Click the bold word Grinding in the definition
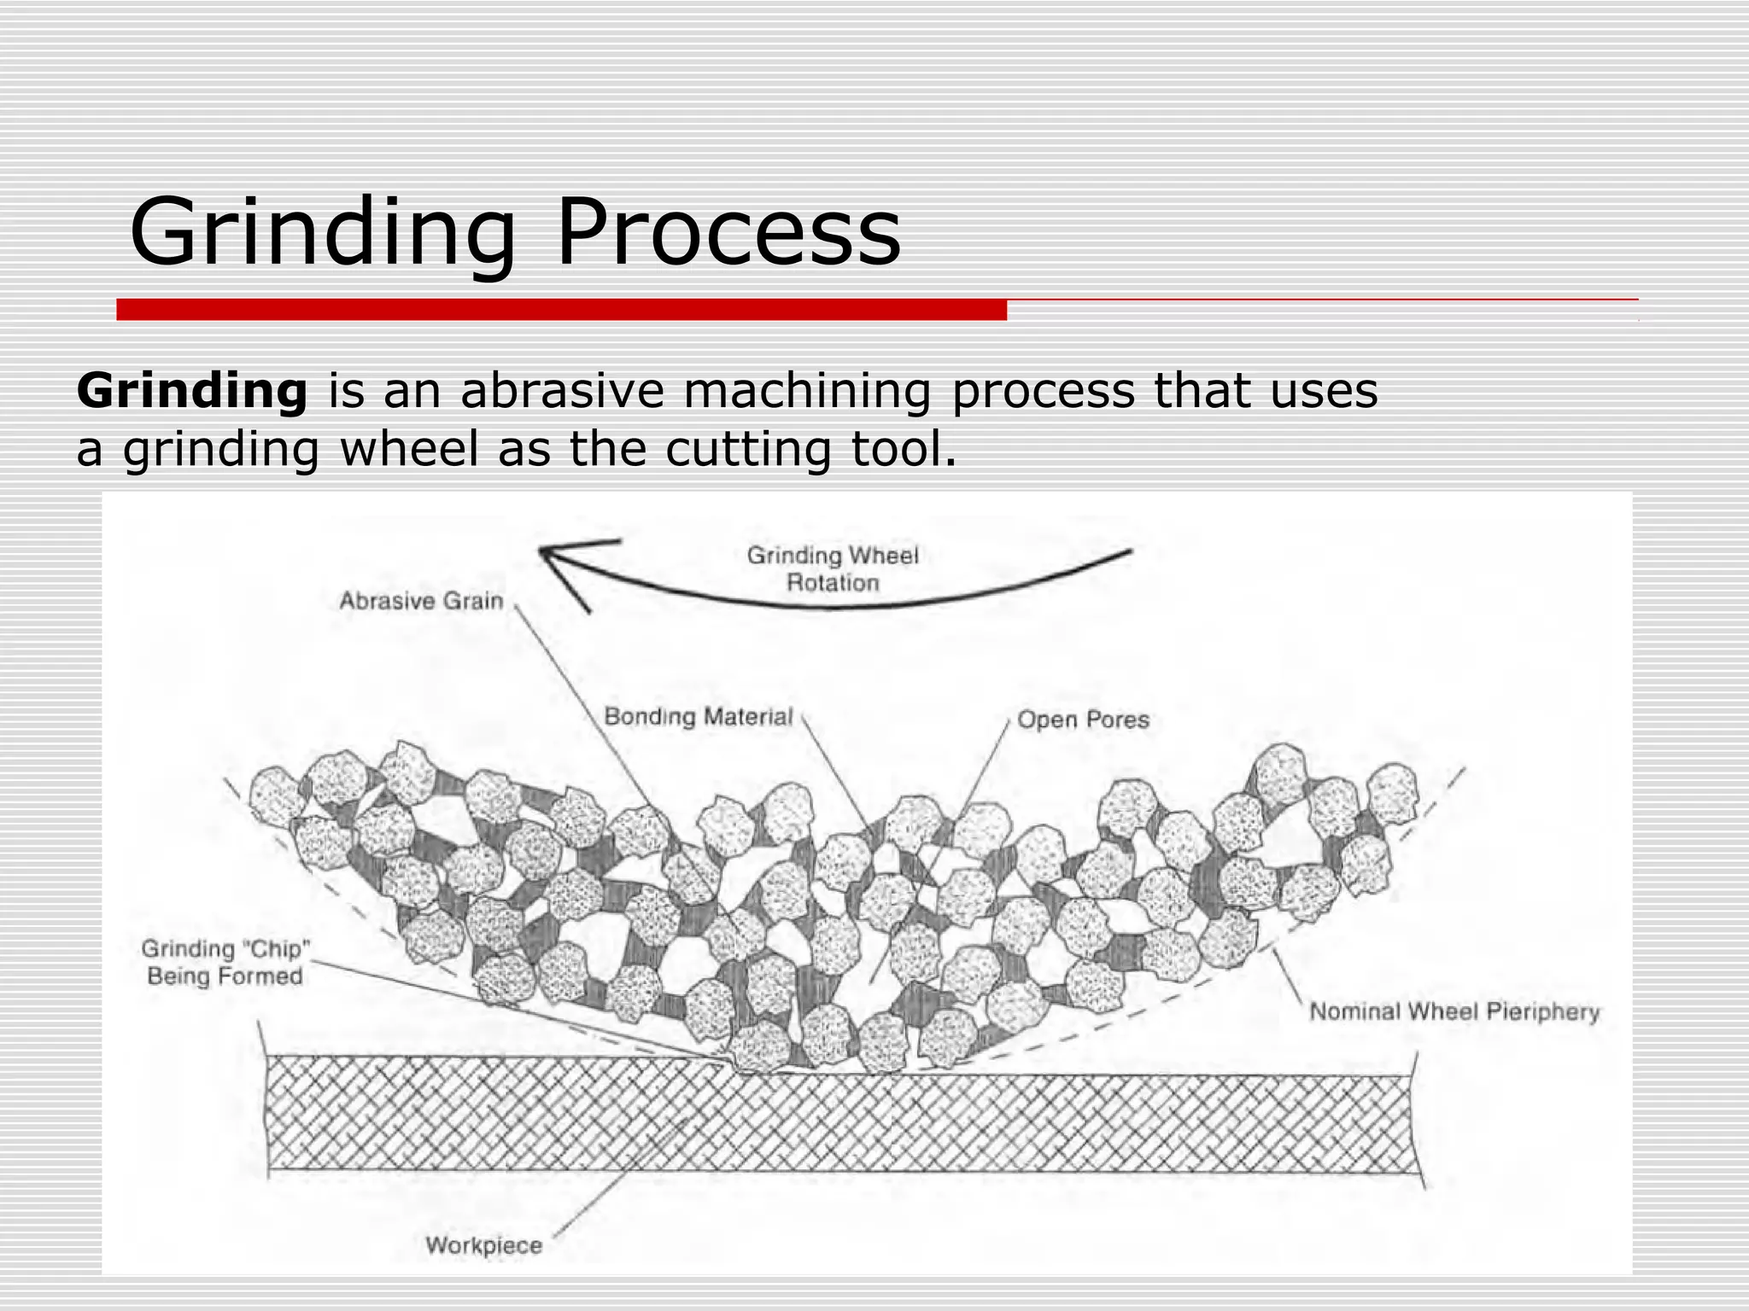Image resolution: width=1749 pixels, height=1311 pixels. pos(192,391)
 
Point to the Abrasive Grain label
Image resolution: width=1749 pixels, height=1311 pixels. pos(421,601)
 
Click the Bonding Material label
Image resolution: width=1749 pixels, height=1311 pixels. pos(699,716)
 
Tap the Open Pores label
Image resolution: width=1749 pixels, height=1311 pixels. pos(1083,720)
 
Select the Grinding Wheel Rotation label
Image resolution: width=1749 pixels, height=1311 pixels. pos(833,569)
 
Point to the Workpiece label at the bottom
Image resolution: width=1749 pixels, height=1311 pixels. pos(483,1245)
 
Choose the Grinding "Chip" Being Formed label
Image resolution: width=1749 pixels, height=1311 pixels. pos(225,962)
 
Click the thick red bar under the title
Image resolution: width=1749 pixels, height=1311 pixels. pos(561,310)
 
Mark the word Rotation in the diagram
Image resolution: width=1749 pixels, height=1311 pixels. pos(833,583)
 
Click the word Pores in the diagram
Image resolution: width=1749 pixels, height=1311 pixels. pos(1118,720)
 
